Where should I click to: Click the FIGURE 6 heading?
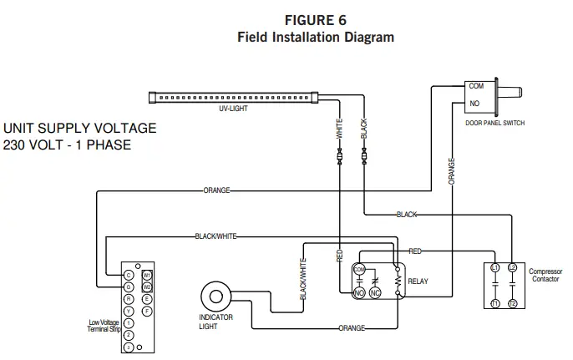(x=315, y=19)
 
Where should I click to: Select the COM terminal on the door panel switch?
(x=476, y=86)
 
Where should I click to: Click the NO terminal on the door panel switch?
(x=474, y=104)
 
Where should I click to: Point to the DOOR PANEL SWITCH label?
(x=494, y=123)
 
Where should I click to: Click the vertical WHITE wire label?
(x=340, y=129)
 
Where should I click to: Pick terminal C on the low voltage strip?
(x=129, y=275)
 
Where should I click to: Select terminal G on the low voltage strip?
(x=129, y=286)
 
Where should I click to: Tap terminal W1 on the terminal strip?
(x=147, y=275)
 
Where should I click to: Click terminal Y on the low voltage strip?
(x=129, y=311)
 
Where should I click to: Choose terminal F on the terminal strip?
(x=147, y=311)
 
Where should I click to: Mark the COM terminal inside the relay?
(x=359, y=269)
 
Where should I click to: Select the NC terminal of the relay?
(x=375, y=293)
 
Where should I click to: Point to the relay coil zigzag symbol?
(x=398, y=281)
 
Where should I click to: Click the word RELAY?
(x=418, y=281)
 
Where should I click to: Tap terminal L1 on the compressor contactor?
(x=494, y=268)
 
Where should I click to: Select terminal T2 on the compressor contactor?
(x=512, y=302)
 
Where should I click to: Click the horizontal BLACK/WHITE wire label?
(x=216, y=236)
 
